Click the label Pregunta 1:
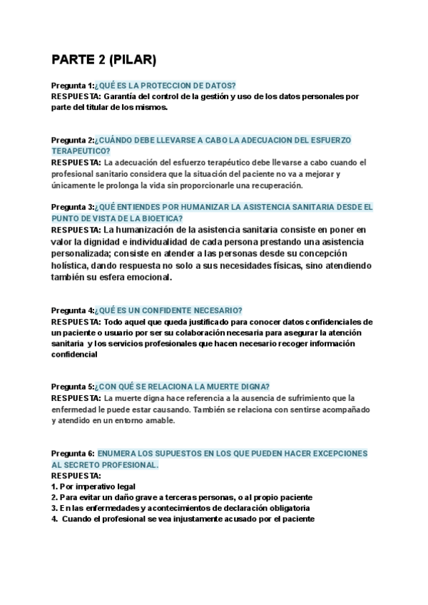(x=73, y=85)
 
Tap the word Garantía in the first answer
(x=122, y=96)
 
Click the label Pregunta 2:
(x=73, y=140)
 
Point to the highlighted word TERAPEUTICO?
(x=81, y=151)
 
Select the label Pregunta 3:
(x=73, y=207)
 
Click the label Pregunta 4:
(x=73, y=310)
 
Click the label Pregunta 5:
(x=73, y=386)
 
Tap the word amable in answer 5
(x=156, y=420)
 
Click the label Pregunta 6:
(x=73, y=453)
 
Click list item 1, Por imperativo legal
(x=92, y=486)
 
